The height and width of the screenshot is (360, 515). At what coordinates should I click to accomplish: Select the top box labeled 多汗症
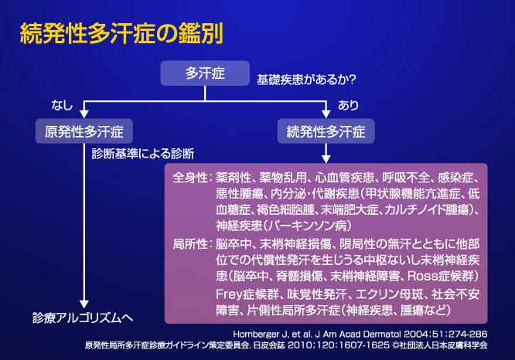205,74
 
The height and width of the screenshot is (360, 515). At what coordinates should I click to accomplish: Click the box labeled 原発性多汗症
85,130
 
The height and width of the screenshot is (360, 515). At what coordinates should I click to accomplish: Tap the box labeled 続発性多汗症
327,130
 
